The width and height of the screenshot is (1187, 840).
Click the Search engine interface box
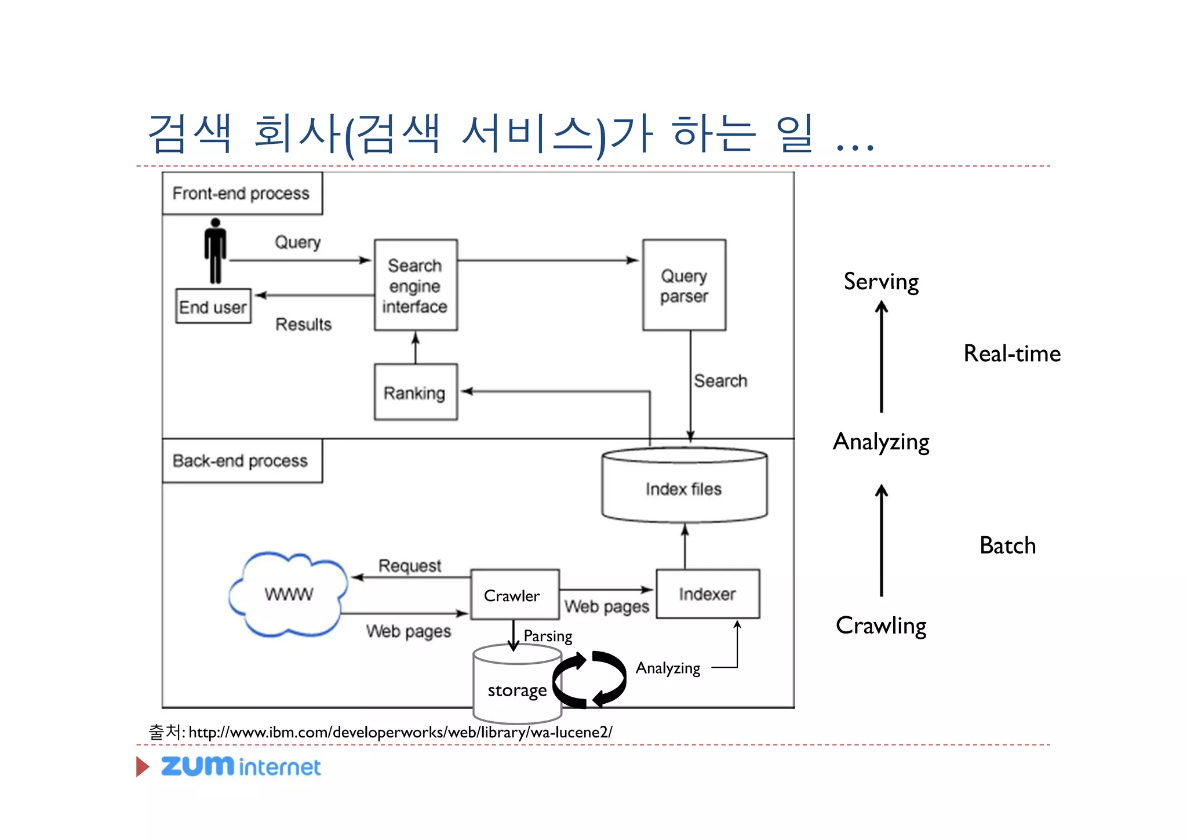pos(416,285)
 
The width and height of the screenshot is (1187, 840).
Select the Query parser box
pos(684,285)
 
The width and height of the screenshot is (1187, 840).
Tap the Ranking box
pos(416,392)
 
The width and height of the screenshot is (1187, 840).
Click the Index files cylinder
pos(684,487)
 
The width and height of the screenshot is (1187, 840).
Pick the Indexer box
pos(708,594)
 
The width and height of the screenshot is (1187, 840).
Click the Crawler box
pos(515,595)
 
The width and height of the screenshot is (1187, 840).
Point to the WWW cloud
pos(289,594)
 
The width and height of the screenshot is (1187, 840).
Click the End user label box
pos(213,307)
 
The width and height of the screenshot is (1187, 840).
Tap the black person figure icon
pos(216,250)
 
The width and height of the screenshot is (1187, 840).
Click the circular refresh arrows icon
pos(589,679)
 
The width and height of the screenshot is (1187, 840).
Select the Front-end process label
pos(242,193)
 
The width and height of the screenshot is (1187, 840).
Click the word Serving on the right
pos(881,282)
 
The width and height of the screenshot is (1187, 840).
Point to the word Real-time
pos(1012,354)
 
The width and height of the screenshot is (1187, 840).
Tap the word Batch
pos(1007,546)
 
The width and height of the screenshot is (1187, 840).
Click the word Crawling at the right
pos(881,626)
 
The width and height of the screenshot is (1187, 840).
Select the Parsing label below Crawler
pos(548,636)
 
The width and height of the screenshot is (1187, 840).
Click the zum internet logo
pos(241,766)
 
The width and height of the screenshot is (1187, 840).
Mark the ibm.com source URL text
pos(400,732)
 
